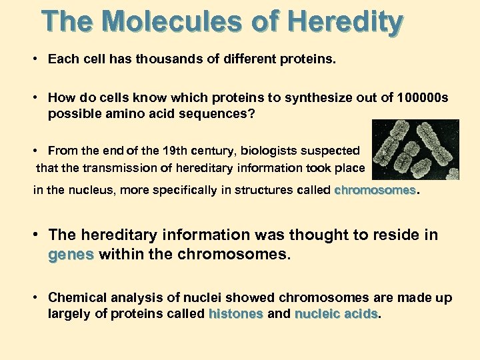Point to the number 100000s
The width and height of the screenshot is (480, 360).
point(422,98)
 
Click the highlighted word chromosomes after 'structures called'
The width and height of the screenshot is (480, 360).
point(375,191)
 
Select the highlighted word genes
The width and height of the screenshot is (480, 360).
point(71,254)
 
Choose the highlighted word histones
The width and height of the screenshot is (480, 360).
point(236,313)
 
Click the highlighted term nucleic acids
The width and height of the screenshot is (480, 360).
point(336,313)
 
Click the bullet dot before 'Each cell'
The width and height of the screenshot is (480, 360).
point(33,59)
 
